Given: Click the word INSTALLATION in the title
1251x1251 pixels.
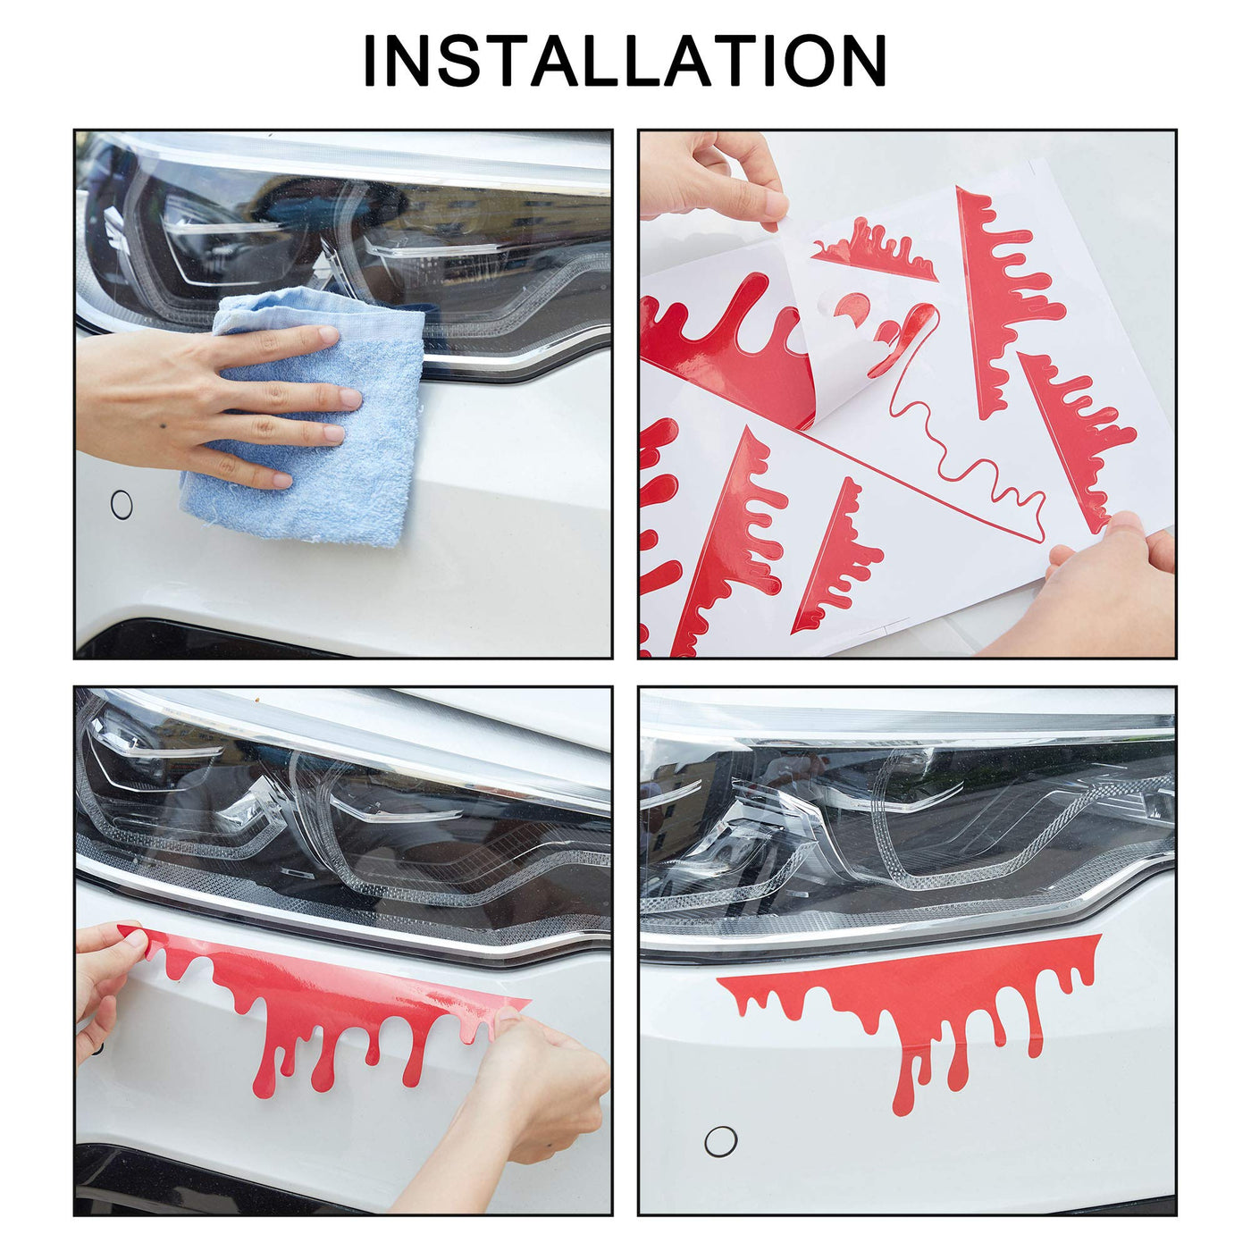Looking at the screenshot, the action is click(x=625, y=61).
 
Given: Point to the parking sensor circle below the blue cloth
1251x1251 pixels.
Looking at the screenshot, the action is click(x=122, y=505).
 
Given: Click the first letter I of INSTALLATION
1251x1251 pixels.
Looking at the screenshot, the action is click(x=370, y=61).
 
